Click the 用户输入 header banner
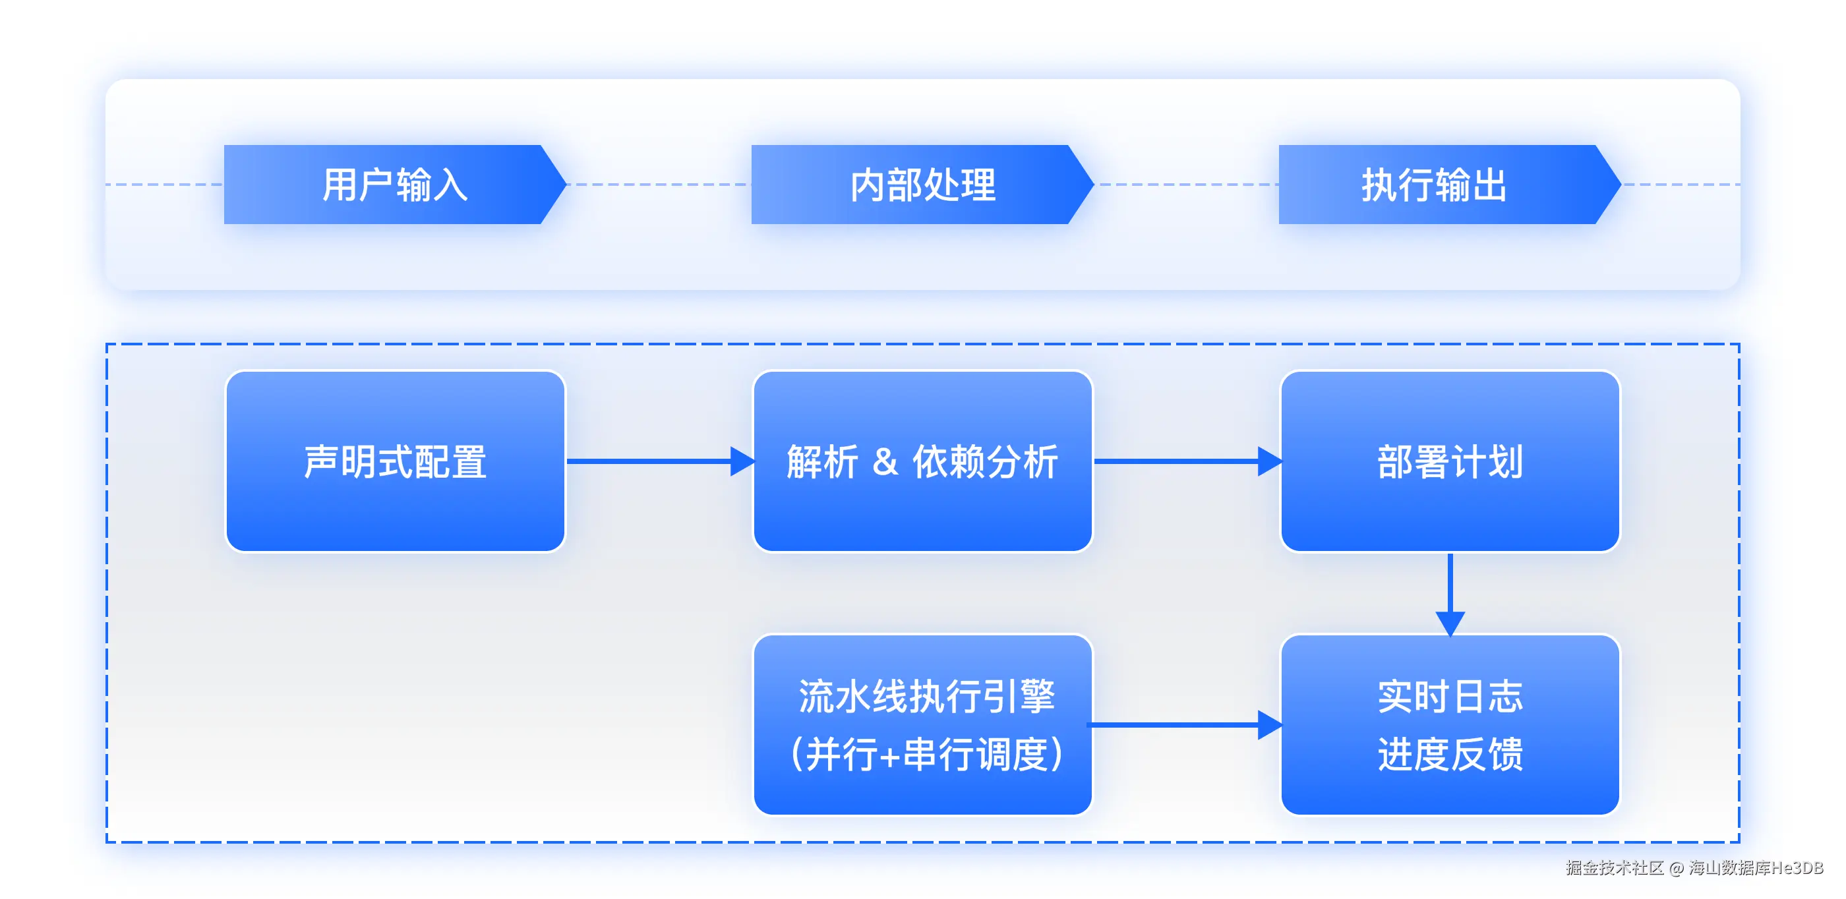394,185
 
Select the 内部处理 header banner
922,185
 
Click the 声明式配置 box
396,461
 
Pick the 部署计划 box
1450,461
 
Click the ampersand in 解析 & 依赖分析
885,461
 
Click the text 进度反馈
1450,754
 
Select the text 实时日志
1450,696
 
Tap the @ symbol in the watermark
1676,868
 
